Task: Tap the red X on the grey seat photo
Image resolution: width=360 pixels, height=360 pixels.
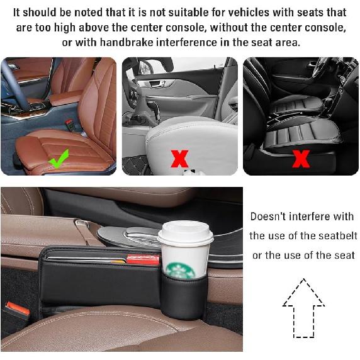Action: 180,158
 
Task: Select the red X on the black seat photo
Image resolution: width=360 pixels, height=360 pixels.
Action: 301,158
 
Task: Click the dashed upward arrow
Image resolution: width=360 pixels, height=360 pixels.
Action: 303,308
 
